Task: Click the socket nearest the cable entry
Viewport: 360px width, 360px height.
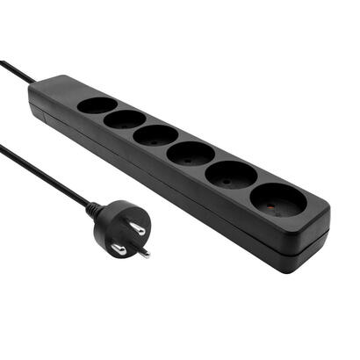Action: click(x=97, y=105)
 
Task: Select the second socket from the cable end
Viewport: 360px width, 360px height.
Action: click(x=125, y=119)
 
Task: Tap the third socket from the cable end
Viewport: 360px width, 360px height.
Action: click(x=155, y=135)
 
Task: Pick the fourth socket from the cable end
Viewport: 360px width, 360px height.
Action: click(x=190, y=154)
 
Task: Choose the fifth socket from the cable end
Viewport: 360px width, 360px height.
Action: click(x=231, y=175)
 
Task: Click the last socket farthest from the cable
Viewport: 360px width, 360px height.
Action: click(x=278, y=200)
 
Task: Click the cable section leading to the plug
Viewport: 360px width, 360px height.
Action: click(x=44, y=176)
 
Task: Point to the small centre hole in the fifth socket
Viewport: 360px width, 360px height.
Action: click(x=230, y=176)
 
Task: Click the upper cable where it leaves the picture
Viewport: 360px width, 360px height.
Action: click(x=3, y=62)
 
